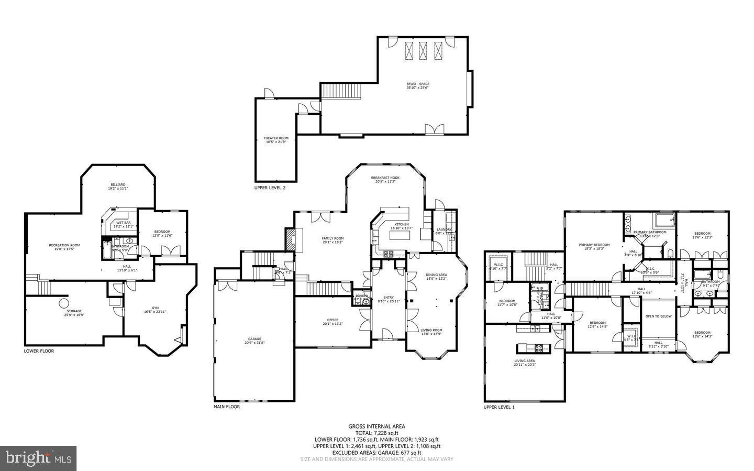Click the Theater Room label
[x=276, y=138]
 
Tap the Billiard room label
[x=118, y=185]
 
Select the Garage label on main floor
[x=254, y=339]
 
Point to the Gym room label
[x=155, y=308]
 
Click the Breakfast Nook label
[x=385, y=178]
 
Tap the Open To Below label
[x=658, y=316]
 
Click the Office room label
[x=332, y=320]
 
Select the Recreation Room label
[x=64, y=245]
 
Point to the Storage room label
[x=74, y=311]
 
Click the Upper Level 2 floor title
[x=270, y=188]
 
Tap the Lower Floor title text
[x=39, y=351]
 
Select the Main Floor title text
[x=227, y=407]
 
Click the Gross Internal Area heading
[x=376, y=426]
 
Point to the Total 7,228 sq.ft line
[x=376, y=433]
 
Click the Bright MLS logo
[x=38, y=458]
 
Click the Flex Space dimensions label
[x=418, y=88]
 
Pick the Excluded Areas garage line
[x=376, y=453]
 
